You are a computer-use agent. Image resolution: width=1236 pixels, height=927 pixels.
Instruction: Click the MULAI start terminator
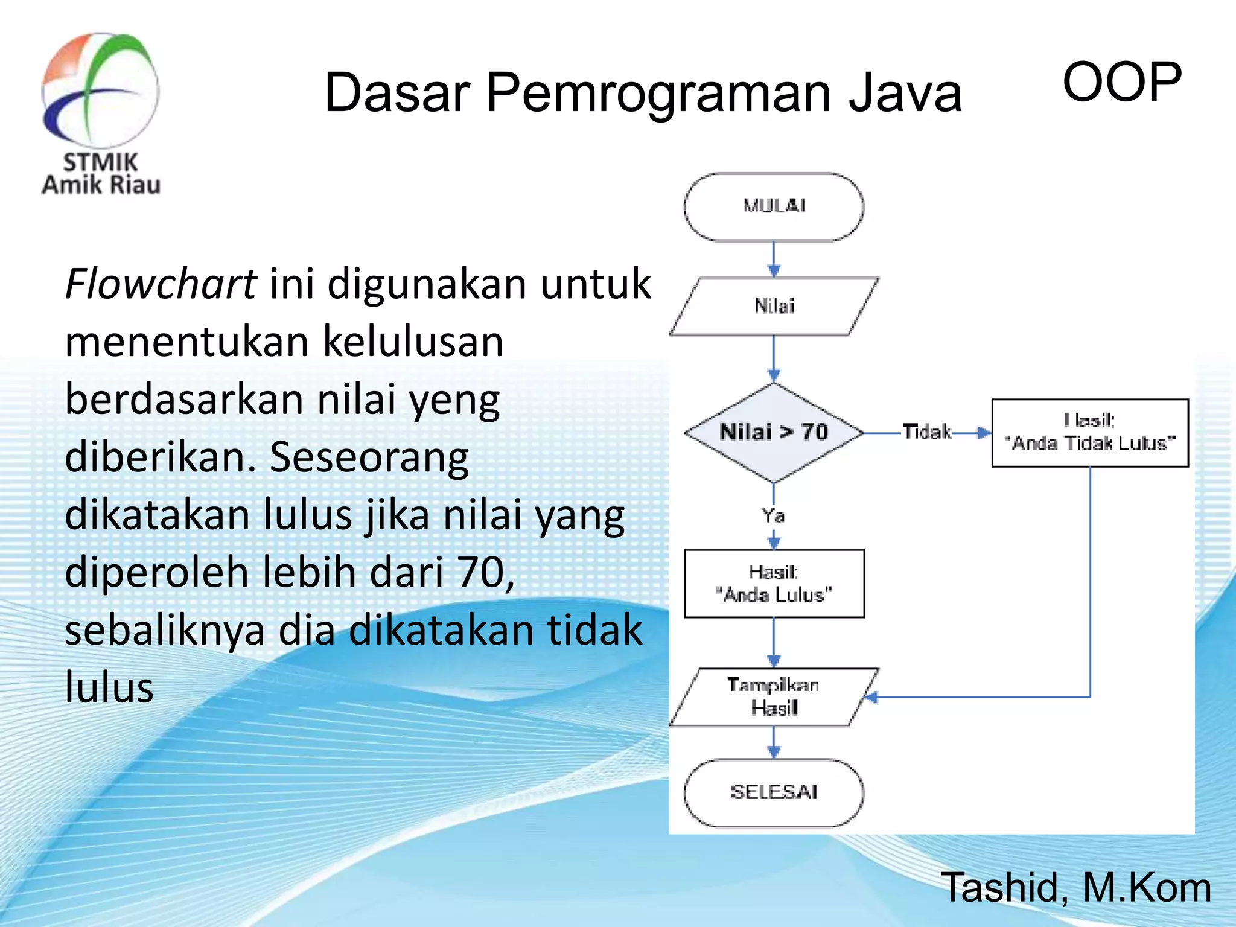coord(774,206)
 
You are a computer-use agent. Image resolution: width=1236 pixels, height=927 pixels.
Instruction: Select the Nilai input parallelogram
coord(774,306)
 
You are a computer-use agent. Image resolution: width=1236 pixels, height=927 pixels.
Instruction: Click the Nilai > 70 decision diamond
coord(774,432)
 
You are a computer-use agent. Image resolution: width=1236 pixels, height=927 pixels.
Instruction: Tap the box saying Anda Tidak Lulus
coord(1090,433)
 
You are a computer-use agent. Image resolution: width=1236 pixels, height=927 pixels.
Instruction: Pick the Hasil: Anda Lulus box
coord(774,584)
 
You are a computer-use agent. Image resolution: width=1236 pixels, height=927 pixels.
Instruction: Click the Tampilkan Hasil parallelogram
coord(774,696)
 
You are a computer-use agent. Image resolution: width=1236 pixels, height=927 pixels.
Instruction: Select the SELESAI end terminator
coord(774,792)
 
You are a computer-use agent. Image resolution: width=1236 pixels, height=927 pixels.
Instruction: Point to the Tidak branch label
coord(926,432)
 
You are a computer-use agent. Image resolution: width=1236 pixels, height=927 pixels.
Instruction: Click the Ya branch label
coord(773,516)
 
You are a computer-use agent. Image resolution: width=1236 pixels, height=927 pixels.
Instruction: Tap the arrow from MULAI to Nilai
coord(774,260)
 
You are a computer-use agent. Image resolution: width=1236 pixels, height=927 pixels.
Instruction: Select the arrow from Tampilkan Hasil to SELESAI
coord(774,743)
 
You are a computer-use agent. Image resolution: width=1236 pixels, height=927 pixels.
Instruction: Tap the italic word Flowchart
coord(161,284)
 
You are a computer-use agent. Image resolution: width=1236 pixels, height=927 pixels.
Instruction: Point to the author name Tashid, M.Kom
coord(1075,888)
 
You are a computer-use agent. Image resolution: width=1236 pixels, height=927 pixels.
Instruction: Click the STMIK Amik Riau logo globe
coord(100,91)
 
